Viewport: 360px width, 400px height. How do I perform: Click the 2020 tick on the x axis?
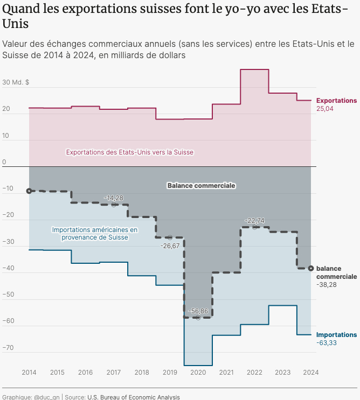click(198, 372)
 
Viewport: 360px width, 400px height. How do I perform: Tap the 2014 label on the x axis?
click(29, 372)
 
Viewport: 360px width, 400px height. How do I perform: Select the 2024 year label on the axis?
click(311, 372)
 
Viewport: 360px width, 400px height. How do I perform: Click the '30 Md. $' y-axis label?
click(16, 82)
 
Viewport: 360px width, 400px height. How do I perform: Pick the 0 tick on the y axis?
click(4, 162)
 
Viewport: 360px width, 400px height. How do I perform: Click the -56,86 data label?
click(198, 311)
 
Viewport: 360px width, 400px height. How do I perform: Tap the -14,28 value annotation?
click(114, 198)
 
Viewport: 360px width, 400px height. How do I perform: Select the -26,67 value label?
click(170, 245)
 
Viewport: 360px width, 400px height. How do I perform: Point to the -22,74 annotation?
click(254, 220)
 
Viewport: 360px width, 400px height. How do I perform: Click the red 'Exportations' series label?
click(336, 101)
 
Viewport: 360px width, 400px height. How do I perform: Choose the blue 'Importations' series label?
click(336, 335)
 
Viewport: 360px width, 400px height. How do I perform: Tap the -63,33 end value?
click(326, 343)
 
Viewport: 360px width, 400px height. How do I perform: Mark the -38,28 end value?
click(326, 284)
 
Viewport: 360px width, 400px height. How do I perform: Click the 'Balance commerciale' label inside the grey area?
click(201, 185)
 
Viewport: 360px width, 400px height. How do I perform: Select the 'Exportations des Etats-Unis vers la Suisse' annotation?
click(129, 152)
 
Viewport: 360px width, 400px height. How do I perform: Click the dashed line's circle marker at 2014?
click(29, 191)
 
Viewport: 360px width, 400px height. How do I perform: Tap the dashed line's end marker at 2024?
click(311, 268)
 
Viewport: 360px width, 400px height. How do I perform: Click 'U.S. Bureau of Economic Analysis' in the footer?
click(133, 397)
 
